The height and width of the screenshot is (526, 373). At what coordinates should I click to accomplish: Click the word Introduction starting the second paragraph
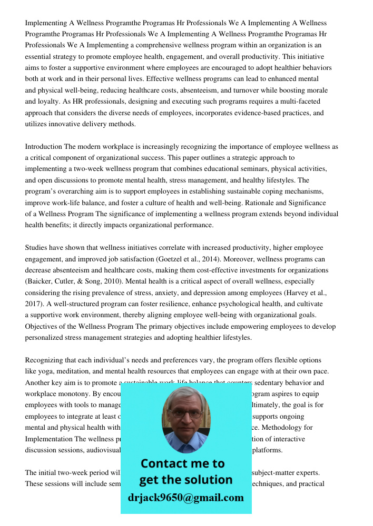click(x=44, y=147)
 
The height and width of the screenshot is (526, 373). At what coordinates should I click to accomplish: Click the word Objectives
click(x=43, y=327)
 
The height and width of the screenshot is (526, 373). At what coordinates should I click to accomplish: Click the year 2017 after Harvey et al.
click(x=33, y=304)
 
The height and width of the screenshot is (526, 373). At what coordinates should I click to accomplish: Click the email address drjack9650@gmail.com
click(x=185, y=498)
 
